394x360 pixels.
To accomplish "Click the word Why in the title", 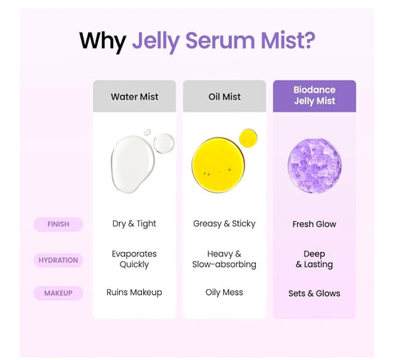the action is (x=103, y=41).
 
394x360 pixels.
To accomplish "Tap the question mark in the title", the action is (x=308, y=39).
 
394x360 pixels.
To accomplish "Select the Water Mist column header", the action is (x=135, y=96).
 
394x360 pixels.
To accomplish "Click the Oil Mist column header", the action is (x=225, y=96).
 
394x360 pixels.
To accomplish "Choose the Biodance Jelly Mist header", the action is (x=314, y=96).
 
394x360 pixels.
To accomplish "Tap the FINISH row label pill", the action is (x=58, y=224).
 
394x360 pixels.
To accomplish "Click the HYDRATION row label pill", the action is (x=58, y=260).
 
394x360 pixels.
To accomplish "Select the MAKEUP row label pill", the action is (x=58, y=293).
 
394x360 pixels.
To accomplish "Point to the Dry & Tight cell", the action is (x=135, y=224).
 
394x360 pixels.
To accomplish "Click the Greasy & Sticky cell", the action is (x=224, y=223).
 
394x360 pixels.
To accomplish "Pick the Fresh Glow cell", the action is (x=314, y=224).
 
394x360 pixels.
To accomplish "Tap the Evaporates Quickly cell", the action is (x=135, y=259).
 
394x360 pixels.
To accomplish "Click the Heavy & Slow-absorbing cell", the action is (x=224, y=259).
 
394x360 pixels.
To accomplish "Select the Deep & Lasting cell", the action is (x=314, y=259).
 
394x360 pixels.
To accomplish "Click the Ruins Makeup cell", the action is (x=135, y=292).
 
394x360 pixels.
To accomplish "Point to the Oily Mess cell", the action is (x=224, y=293).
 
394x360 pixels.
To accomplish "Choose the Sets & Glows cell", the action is (x=314, y=293).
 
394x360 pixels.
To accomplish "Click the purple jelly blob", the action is (x=315, y=166).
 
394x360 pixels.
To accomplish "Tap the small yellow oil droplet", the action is (x=248, y=138).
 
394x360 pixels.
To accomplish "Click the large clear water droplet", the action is (x=132, y=164).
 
